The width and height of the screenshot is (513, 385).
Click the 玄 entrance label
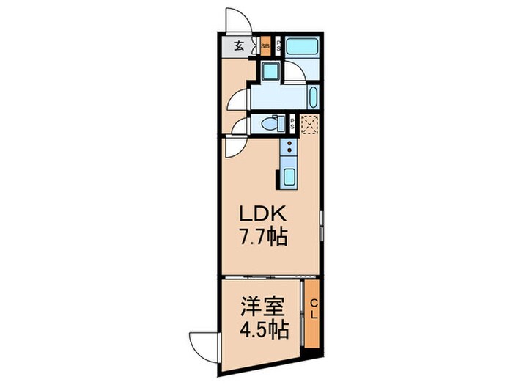[239, 46]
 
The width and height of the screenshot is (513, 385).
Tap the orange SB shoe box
[265, 46]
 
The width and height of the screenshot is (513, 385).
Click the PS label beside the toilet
[292, 125]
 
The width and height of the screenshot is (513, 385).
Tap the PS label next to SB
[278, 45]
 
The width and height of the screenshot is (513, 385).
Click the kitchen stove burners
[289, 150]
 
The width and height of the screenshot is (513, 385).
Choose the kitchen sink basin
[288, 177]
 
